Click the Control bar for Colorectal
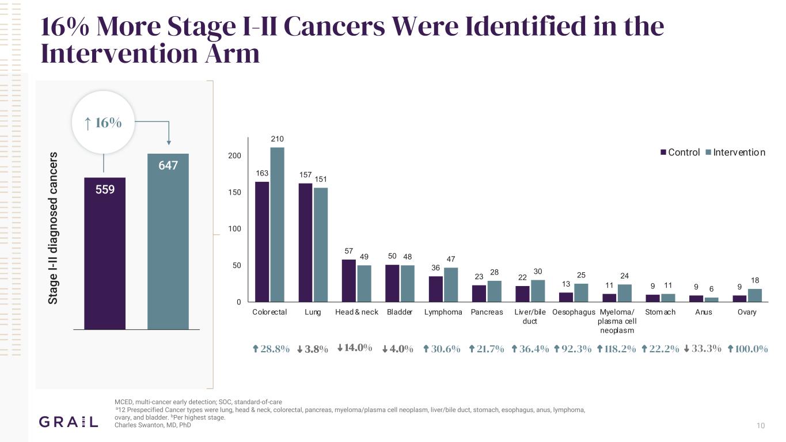[262, 242]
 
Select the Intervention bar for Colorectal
[277, 224]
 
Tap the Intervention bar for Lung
[321, 245]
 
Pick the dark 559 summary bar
[105, 253]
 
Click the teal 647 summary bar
[168, 241]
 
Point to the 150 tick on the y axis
[235, 192]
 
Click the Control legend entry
[680, 153]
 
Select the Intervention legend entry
[735, 153]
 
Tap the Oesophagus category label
[574, 312]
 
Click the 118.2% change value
[617, 349]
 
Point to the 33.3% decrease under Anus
[703, 348]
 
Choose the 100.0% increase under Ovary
[748, 349]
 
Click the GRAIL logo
[69, 422]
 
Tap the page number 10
[761, 425]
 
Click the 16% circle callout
[103, 123]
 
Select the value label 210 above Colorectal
[277, 139]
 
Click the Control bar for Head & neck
[349, 281]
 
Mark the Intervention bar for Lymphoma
[451, 285]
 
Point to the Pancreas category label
[487, 312]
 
